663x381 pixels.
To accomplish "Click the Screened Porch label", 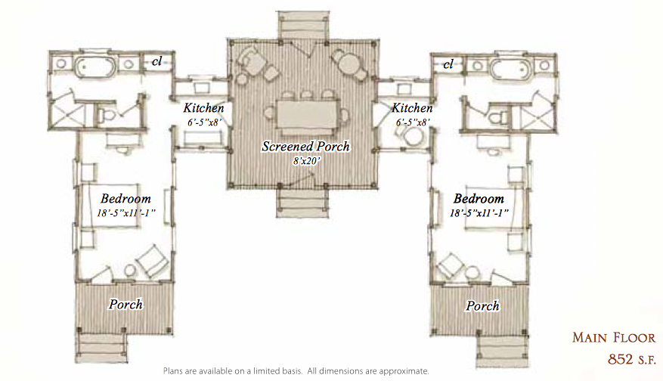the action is (305, 147).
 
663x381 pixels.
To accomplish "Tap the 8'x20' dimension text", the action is (307, 161).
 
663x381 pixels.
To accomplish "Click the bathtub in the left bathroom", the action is (94, 67).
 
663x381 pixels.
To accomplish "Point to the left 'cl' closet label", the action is (157, 62).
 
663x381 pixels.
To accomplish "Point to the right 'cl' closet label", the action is (448, 64).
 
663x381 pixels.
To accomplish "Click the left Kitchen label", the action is (203, 108).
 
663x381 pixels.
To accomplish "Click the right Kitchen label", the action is (412, 108).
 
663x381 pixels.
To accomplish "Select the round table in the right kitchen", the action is (414, 138).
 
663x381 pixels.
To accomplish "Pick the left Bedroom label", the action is (125, 198).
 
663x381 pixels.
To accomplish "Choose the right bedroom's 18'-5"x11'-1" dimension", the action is (479, 212).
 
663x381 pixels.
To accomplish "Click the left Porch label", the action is (125, 304).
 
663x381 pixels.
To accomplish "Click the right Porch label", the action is (482, 305).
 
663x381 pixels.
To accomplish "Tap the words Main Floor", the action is (614, 337).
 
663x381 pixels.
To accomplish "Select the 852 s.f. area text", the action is (632, 359).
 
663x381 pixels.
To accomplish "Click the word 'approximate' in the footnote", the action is (403, 371).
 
